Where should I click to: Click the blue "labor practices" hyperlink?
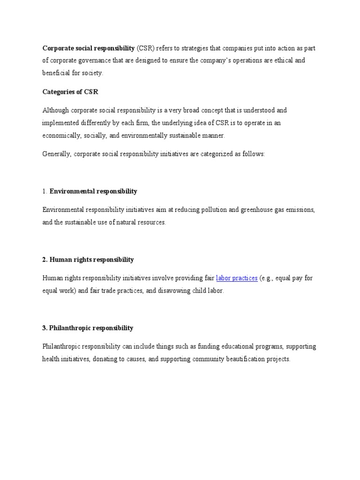pos(237,278)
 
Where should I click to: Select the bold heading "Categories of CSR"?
pos(70,92)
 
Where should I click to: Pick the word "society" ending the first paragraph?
pos(91,73)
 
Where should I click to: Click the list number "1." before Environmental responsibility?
pos(45,191)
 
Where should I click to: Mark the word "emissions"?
pos(300,210)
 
